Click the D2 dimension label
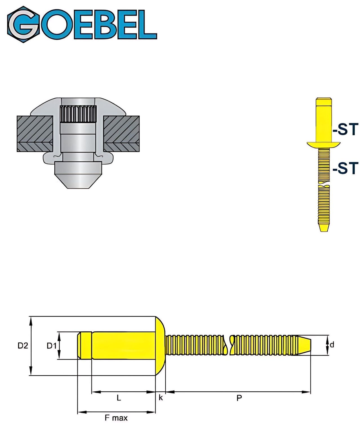coord(23,345)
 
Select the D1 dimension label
coord(52,345)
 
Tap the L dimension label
coord(119,398)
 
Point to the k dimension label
coord(161,398)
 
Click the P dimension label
coord(239,398)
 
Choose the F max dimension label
coord(116,418)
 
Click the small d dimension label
coord(332,345)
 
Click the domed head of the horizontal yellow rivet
coord(160,346)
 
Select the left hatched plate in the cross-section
coord(35,133)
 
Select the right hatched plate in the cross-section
coord(121,133)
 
